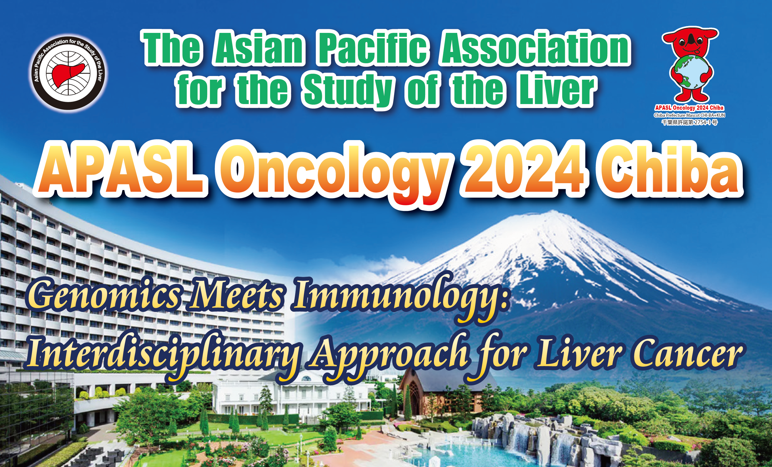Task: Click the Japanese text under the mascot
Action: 689,122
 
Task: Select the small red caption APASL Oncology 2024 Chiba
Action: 689,108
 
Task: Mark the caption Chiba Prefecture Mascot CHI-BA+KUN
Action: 689,115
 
